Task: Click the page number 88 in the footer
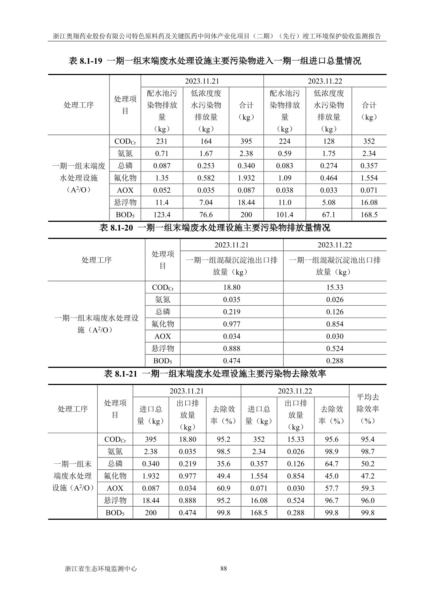pyautogui.click(x=224, y=569)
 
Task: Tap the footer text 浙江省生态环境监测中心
pyautogui.click(x=100, y=569)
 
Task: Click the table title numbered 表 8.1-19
pyautogui.click(x=215, y=61)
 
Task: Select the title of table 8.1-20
pyautogui.click(x=215, y=228)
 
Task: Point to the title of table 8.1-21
pyautogui.click(x=215, y=374)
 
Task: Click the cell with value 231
pyautogui.click(x=162, y=141)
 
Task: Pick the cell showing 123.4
pyautogui.click(x=162, y=215)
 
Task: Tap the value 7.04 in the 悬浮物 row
pyautogui.click(x=206, y=203)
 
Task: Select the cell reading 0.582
pyautogui.click(x=206, y=178)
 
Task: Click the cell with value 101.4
pyautogui.click(x=285, y=215)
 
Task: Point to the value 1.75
pyautogui.click(x=329, y=154)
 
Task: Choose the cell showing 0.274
pyautogui.click(x=329, y=166)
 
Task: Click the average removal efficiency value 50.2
pyautogui.click(x=368, y=464)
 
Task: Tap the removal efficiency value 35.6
pyautogui.click(x=224, y=464)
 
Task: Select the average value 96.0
pyautogui.click(x=368, y=500)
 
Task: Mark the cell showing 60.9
pyautogui.click(x=224, y=488)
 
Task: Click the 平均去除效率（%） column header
pyautogui.click(x=368, y=409)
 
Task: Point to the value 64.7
pyautogui.click(x=332, y=464)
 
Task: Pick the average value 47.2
pyautogui.click(x=368, y=476)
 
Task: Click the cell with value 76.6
pyautogui.click(x=206, y=215)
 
